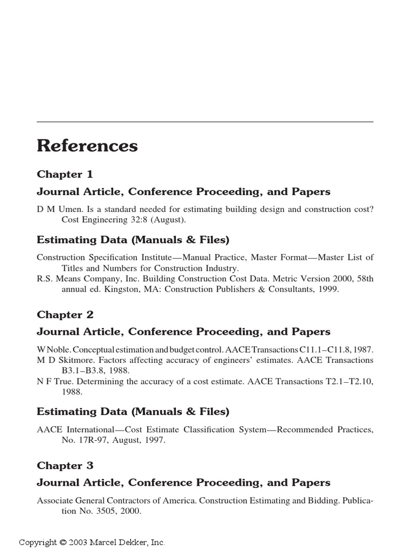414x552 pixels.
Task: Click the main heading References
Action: (87, 146)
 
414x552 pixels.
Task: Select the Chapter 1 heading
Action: (65, 174)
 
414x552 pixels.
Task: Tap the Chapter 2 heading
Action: (65, 314)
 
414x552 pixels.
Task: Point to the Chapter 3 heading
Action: (65, 465)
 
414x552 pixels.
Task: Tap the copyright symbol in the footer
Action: (63, 542)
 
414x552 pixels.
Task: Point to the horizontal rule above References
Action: (205, 122)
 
